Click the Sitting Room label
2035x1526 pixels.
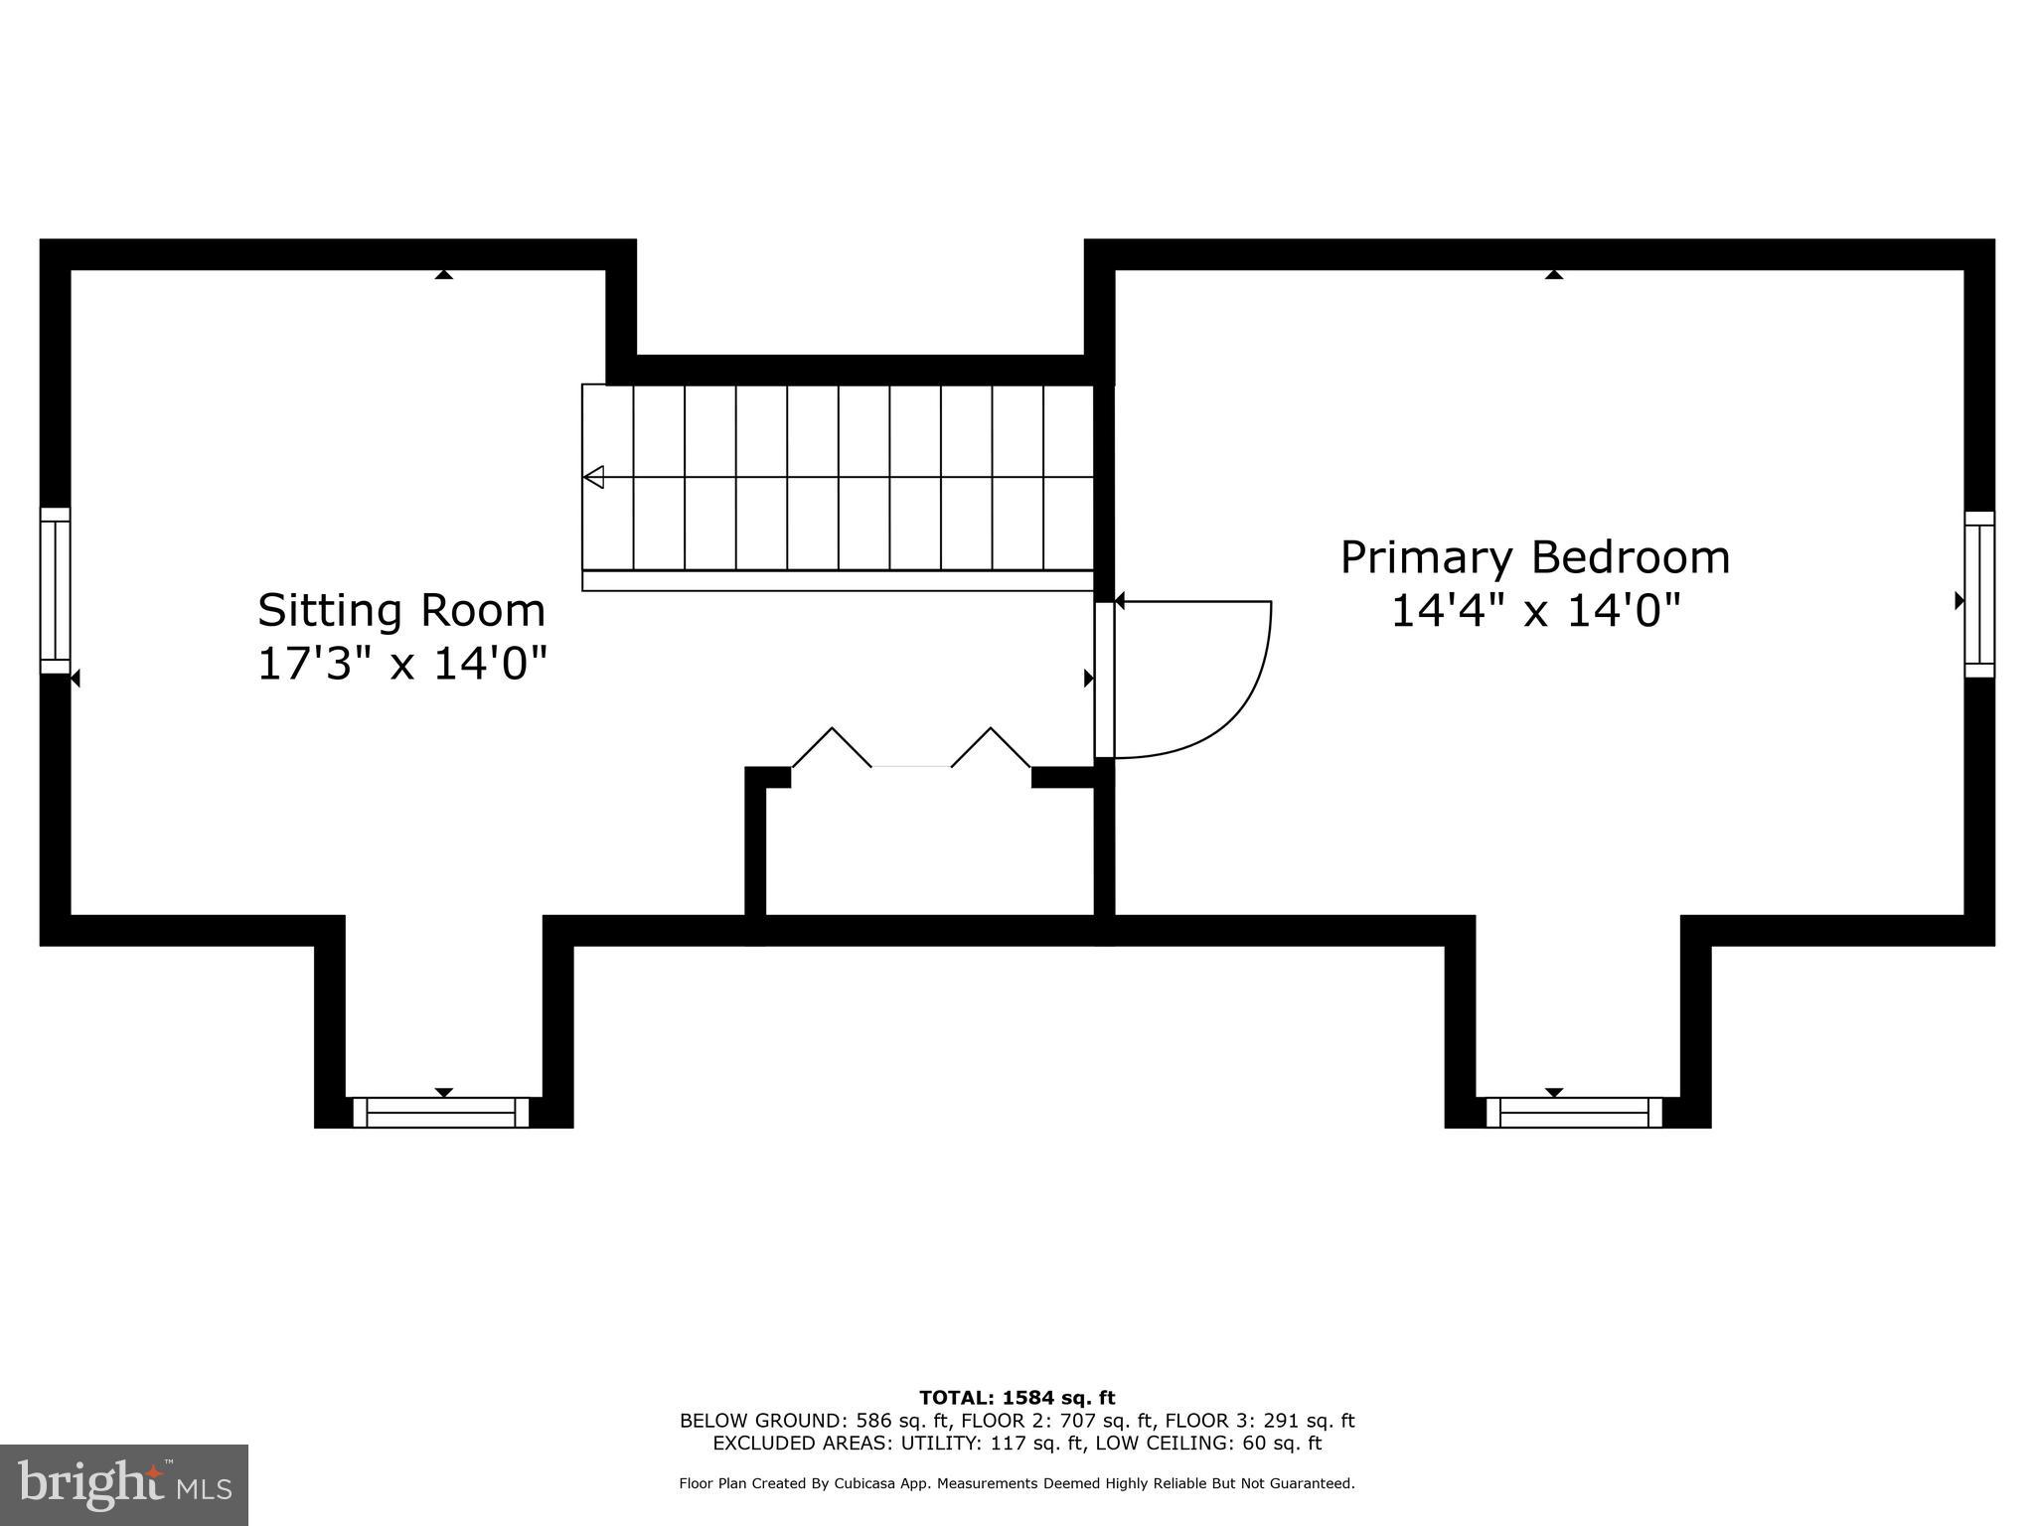click(x=401, y=610)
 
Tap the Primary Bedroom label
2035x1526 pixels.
click(x=1534, y=557)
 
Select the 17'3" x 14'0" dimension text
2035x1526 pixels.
click(x=401, y=664)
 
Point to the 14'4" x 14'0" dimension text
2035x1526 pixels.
click(x=1534, y=611)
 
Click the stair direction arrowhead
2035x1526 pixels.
click(x=593, y=478)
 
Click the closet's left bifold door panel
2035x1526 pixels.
click(x=833, y=746)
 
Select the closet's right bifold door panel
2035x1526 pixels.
click(x=991, y=746)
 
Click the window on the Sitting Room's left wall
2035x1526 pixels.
click(x=56, y=590)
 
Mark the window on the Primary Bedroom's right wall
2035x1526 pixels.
click(x=1979, y=594)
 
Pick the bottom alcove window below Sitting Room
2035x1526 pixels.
click(x=441, y=1113)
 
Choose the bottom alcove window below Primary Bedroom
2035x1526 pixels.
click(x=1574, y=1113)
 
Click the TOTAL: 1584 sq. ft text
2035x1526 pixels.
click(x=1017, y=1398)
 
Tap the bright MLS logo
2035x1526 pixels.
click(x=123, y=1485)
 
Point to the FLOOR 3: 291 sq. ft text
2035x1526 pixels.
click(x=1259, y=1421)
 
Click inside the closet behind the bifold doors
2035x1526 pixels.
click(x=929, y=844)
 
